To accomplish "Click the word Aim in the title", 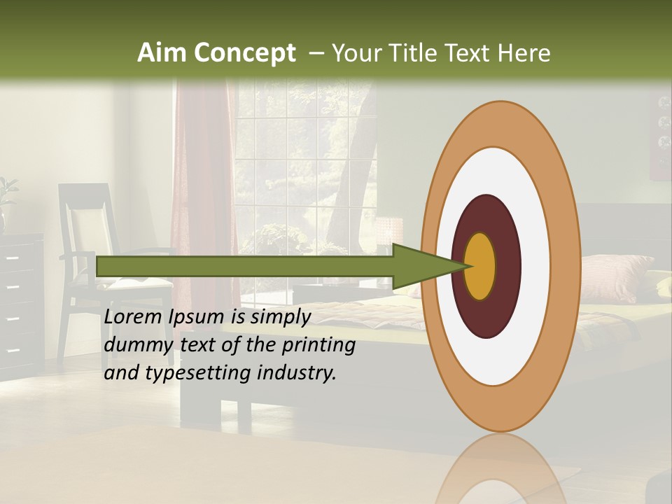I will coord(162,53).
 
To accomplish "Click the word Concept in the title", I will coord(244,53).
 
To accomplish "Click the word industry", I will coord(297,373).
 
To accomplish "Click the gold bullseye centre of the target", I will coord(480,266).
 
